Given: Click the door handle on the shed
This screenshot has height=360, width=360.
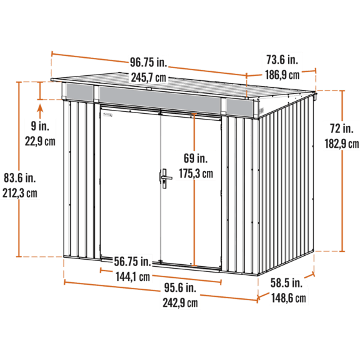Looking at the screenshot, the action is point(165,179).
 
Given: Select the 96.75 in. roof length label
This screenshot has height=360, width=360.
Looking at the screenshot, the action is point(148,62).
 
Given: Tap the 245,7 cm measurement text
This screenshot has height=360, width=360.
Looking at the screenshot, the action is point(148,78).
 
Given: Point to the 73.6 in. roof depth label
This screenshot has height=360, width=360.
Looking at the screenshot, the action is point(282,60).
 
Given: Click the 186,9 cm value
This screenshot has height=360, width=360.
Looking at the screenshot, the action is point(282,75).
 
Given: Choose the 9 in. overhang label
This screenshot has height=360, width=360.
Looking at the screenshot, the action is point(40,126).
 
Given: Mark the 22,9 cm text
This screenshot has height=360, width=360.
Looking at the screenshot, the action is point(40,141).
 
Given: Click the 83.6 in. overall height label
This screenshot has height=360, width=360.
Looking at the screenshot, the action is point(20,177).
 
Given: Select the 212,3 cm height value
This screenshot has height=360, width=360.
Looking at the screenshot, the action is point(20,193).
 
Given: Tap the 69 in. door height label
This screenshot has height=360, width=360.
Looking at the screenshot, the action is point(195,158).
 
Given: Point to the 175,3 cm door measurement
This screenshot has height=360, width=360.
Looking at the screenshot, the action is point(196,174).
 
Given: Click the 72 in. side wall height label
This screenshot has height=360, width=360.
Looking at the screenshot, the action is point(341,129).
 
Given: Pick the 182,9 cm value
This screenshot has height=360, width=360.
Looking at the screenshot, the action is point(341,144).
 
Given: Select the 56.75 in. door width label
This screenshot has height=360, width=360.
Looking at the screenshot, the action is point(132,262).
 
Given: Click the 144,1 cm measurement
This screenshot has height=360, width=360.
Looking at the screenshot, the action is point(132,276).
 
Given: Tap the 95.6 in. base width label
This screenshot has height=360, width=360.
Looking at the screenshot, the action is point(180,288).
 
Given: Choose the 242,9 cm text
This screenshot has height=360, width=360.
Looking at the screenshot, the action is point(180,303).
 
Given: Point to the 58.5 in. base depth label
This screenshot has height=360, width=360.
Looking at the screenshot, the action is point(287,283).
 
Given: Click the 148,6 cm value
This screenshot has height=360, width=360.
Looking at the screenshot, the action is point(289,298).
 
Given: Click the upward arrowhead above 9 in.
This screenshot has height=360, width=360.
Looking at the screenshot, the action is point(40,108).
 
